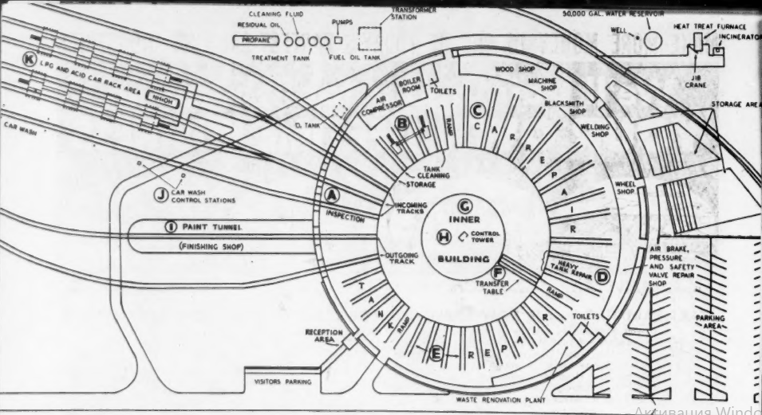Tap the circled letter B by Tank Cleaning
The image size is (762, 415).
coord(403,123)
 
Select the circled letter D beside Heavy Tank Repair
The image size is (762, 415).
coord(602,276)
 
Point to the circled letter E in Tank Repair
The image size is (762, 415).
coord(436,353)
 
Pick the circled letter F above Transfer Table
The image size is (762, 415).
coord(497,271)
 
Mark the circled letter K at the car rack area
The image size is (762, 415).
coord(30,61)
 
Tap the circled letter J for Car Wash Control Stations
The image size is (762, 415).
coord(161,192)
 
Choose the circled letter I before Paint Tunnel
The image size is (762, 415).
coord(170,227)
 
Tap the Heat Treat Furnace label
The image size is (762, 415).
coord(705,25)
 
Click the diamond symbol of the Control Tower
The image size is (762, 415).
coord(464,236)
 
